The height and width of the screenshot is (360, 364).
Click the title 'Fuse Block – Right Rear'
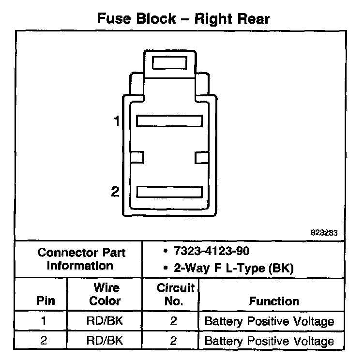(x=183, y=18)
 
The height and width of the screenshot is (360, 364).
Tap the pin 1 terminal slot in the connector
(x=169, y=120)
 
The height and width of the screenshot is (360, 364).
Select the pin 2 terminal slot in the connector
(x=169, y=192)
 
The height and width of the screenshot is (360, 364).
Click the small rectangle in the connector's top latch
(x=169, y=63)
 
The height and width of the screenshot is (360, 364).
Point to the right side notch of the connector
(x=201, y=157)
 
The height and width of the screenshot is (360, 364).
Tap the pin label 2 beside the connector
(x=115, y=192)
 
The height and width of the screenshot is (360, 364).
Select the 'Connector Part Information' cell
(x=81, y=259)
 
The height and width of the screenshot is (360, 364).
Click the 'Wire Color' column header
(x=105, y=294)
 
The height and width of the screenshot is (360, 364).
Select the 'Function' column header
(x=274, y=300)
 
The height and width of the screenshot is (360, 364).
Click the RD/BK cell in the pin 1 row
(x=105, y=321)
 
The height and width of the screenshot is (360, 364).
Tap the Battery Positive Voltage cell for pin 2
(x=270, y=341)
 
